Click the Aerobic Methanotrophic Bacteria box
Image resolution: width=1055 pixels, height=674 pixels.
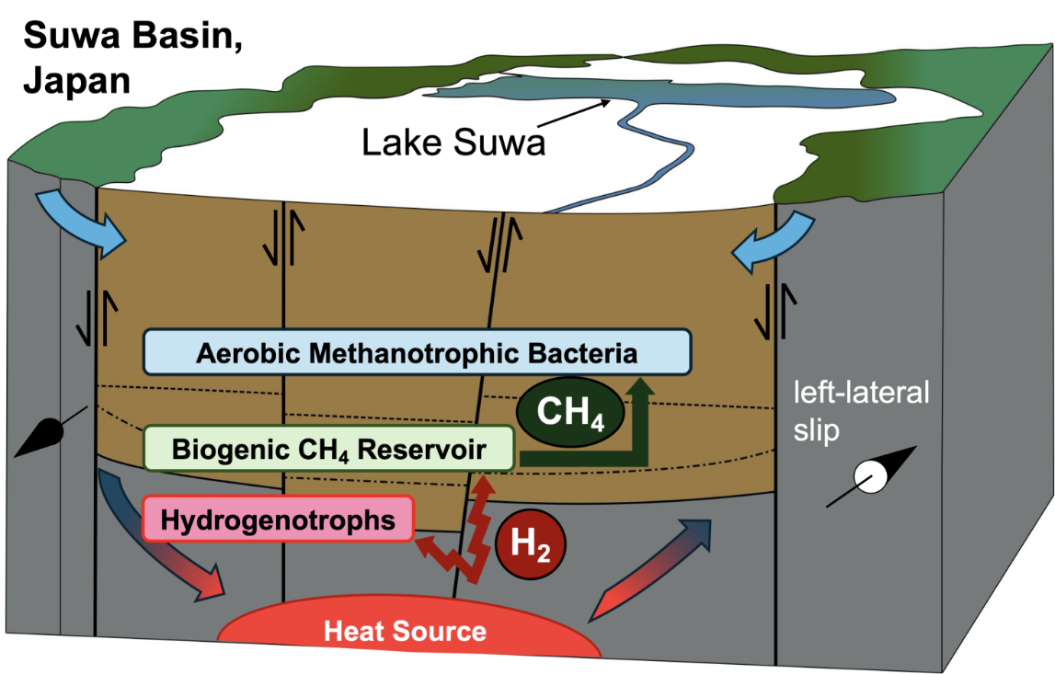pyautogui.click(x=417, y=352)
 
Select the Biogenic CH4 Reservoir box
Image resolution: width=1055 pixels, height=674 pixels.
pyautogui.click(x=328, y=449)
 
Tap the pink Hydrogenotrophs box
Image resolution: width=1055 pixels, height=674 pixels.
pyautogui.click(x=278, y=520)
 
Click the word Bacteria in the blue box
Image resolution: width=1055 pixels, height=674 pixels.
pyautogui.click(x=585, y=352)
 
